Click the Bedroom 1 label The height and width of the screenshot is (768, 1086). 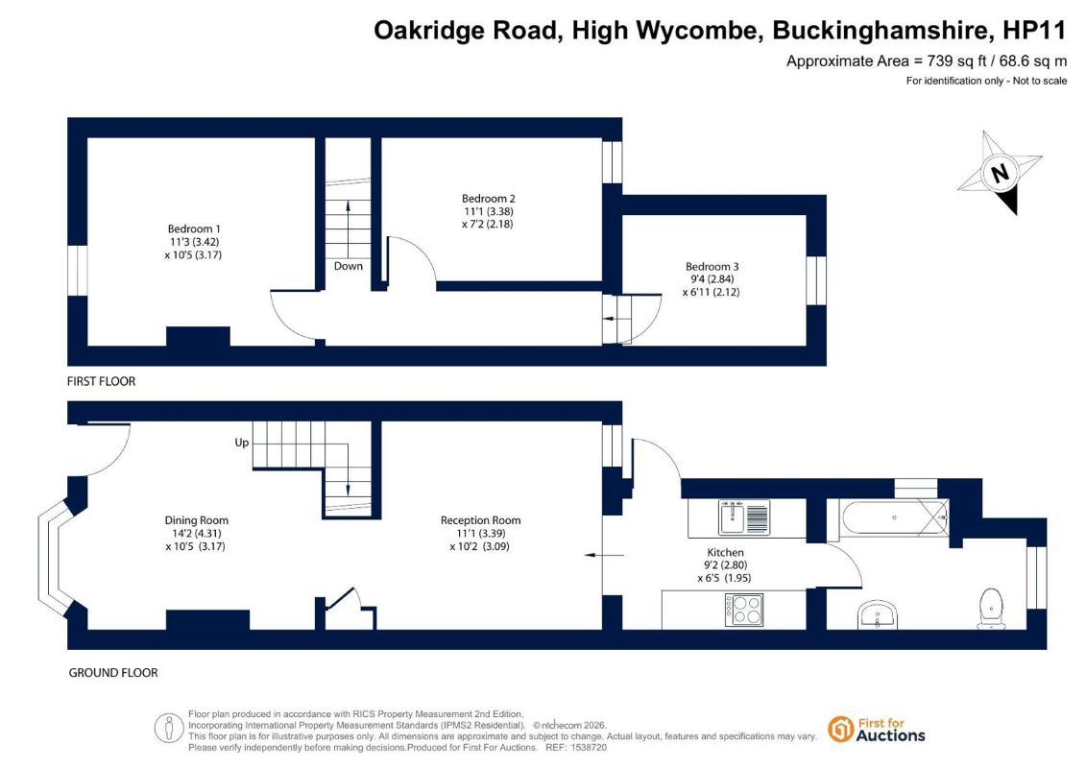pyautogui.click(x=194, y=228)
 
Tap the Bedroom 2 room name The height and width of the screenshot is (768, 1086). pyautogui.click(x=489, y=198)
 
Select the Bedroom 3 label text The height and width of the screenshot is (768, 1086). pyautogui.click(x=712, y=266)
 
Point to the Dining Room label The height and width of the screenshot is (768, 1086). pyautogui.click(x=196, y=520)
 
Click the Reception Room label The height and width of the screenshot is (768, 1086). pyautogui.click(x=481, y=520)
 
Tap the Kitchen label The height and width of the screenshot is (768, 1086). pyautogui.click(x=725, y=552)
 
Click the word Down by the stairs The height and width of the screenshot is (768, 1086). pyautogui.click(x=349, y=266)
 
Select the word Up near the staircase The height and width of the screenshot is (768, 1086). pyautogui.click(x=242, y=443)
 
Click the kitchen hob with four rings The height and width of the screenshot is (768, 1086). pyautogui.click(x=744, y=611)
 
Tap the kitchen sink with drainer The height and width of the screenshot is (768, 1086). pyautogui.click(x=744, y=517)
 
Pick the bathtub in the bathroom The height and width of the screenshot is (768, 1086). pyautogui.click(x=894, y=517)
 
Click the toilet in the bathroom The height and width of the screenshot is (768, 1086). pyautogui.click(x=992, y=608)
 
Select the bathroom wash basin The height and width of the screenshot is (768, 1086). pyautogui.click(x=878, y=614)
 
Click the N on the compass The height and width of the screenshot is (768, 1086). pyautogui.click(x=1000, y=172)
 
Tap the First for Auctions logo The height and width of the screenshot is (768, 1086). pyautogui.click(x=877, y=730)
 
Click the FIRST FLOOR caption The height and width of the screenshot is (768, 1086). pyautogui.click(x=101, y=381)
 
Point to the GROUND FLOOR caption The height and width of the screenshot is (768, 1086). pyautogui.click(x=113, y=672)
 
